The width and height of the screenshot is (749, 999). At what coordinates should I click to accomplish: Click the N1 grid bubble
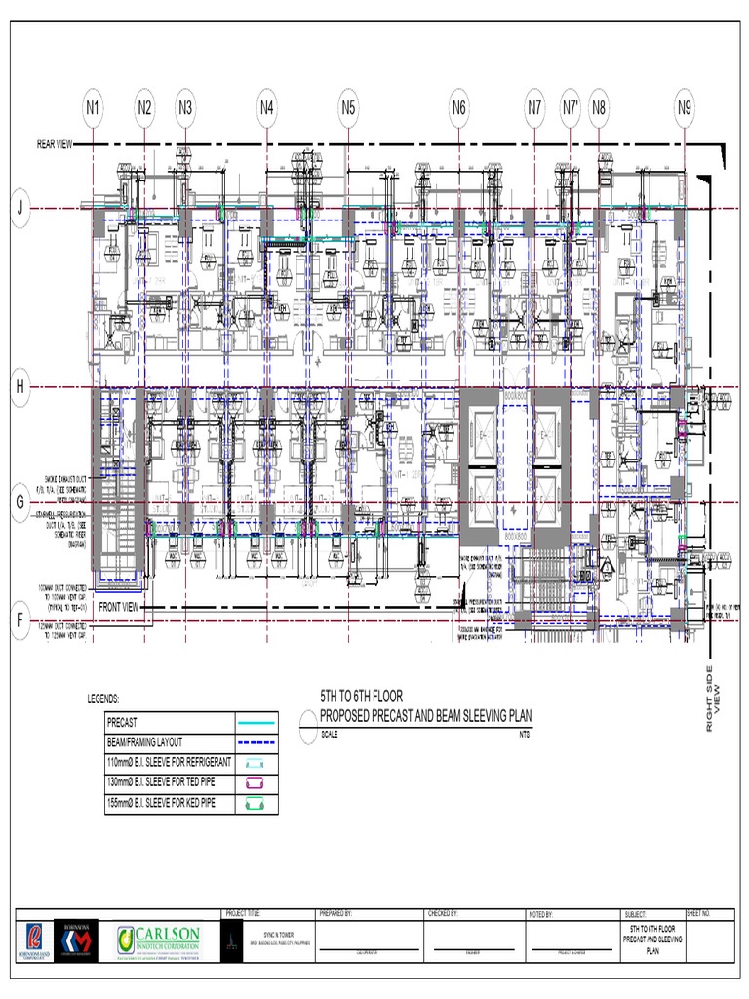[x=93, y=107]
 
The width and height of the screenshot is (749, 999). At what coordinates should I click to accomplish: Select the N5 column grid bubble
[x=348, y=107]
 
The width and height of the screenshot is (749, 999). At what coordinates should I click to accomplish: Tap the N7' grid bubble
[x=572, y=107]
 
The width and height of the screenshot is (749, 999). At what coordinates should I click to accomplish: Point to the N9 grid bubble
[x=685, y=107]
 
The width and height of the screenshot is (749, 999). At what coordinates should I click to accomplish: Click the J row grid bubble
[x=20, y=207]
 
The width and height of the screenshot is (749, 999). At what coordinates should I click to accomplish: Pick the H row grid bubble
[x=20, y=387]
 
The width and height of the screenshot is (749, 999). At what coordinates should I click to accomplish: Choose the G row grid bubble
[x=20, y=502]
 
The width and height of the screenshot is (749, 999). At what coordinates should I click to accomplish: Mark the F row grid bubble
[x=20, y=619]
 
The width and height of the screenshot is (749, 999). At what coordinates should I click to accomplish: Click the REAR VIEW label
[x=55, y=144]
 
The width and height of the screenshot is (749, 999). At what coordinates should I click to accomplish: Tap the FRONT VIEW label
[x=120, y=607]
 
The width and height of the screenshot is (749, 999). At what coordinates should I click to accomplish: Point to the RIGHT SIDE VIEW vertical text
[x=717, y=698]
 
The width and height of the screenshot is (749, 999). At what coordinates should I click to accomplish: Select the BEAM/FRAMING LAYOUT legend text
[x=144, y=742]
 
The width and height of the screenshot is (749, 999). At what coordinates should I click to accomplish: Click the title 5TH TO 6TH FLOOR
[x=362, y=697]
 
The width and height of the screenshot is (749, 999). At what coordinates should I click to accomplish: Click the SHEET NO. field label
[x=699, y=914]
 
